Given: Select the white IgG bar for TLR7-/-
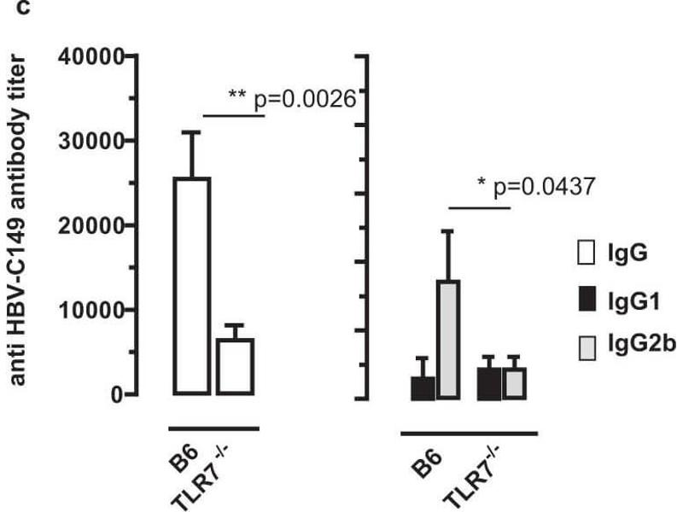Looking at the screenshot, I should tap(235, 367).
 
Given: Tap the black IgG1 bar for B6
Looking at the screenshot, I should tap(423, 387).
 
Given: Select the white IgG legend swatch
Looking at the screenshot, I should tap(587, 253).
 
